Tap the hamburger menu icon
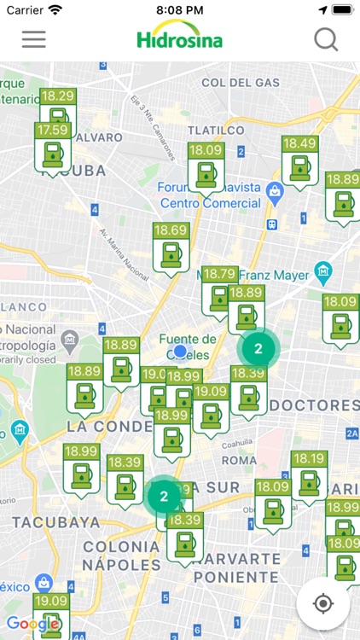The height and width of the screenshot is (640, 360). click(33, 39)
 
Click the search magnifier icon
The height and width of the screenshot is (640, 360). click(326, 39)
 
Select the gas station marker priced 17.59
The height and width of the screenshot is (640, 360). click(52, 150)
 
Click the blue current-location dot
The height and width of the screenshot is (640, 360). click(180, 351)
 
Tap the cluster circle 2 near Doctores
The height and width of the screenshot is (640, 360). click(258, 348)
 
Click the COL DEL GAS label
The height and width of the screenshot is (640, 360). click(241, 83)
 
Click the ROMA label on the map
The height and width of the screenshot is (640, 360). click(239, 460)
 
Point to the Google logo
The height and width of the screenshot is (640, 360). click(32, 624)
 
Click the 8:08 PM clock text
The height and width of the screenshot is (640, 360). click(179, 9)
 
